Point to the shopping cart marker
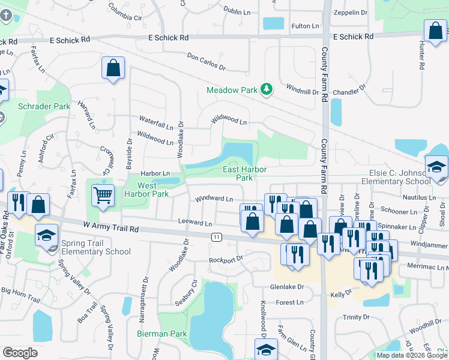pyautogui.click(x=103, y=194)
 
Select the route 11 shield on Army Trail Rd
pyautogui.click(x=216, y=237)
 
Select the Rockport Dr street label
pyautogui.click(x=226, y=260)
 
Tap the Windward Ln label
pyautogui.click(x=212, y=199)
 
